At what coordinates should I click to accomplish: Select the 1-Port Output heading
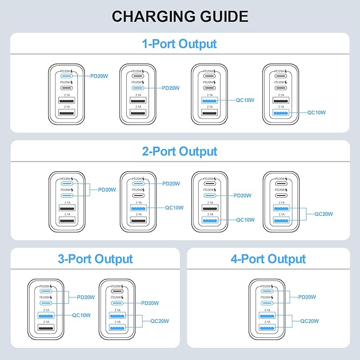pos(180,43)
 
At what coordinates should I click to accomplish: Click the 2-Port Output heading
pos(180,152)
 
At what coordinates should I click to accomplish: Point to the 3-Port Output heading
pos(95,259)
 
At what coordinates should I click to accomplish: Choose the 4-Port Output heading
pos(268,259)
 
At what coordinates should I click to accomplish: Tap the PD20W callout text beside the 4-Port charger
pos(308,297)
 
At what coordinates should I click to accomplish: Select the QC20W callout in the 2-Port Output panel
pos(323,214)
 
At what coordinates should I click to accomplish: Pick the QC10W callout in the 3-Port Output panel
pos(81,315)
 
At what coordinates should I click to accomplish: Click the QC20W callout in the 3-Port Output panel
pos(160,321)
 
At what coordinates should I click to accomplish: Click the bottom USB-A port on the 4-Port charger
pos(266,328)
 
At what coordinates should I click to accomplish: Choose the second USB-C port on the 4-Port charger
pos(266,303)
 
